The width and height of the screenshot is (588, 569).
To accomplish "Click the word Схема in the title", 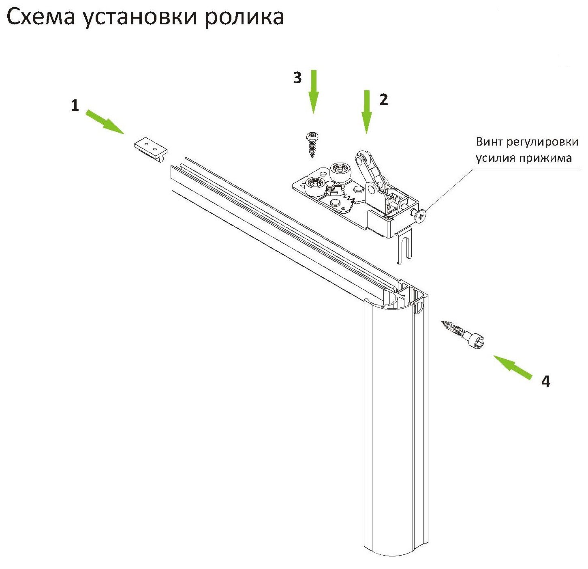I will coord(41,17).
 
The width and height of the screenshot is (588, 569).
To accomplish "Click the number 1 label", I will coord(75,106).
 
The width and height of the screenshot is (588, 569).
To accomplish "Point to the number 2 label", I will coord(383,100).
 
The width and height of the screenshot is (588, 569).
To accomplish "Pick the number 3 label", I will coord(297,78).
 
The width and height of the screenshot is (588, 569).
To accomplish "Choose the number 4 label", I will coord(546,382).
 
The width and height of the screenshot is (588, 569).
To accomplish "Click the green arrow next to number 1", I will coord(105,121).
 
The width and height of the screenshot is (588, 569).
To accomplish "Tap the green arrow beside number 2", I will coord(367,112).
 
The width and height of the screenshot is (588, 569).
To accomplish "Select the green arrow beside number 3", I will coord(313,91).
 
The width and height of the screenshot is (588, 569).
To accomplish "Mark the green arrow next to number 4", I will coord(513,367).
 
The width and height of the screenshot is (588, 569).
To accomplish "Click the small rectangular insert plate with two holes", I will coord(150,148).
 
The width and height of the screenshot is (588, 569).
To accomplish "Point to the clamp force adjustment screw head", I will coord(421,216).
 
